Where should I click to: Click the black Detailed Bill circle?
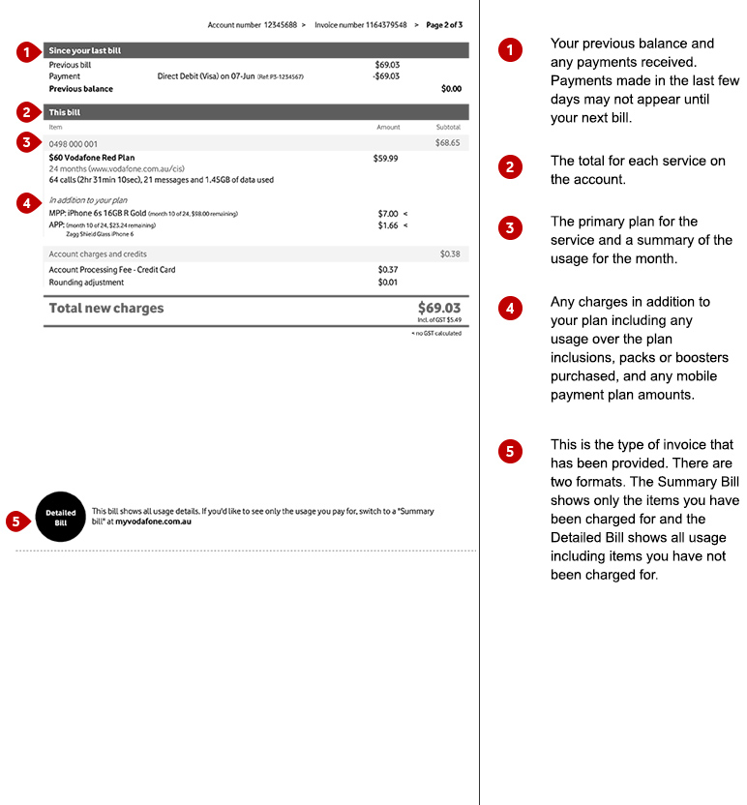60,517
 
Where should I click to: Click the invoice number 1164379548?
373,25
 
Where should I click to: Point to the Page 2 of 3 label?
444,25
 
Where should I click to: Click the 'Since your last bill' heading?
85,50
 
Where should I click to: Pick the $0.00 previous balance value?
451,89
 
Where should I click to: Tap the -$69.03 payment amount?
385,76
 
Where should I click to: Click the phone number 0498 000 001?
73,143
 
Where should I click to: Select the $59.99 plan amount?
385,158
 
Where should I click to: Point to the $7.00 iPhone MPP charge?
387,214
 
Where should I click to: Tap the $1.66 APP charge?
387,225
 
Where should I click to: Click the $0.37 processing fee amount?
387,270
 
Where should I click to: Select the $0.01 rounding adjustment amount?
387,283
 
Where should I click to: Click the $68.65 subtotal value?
447,143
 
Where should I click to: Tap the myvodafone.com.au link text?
153,522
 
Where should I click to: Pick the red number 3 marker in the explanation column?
510,228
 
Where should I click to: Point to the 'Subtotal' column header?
448,127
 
